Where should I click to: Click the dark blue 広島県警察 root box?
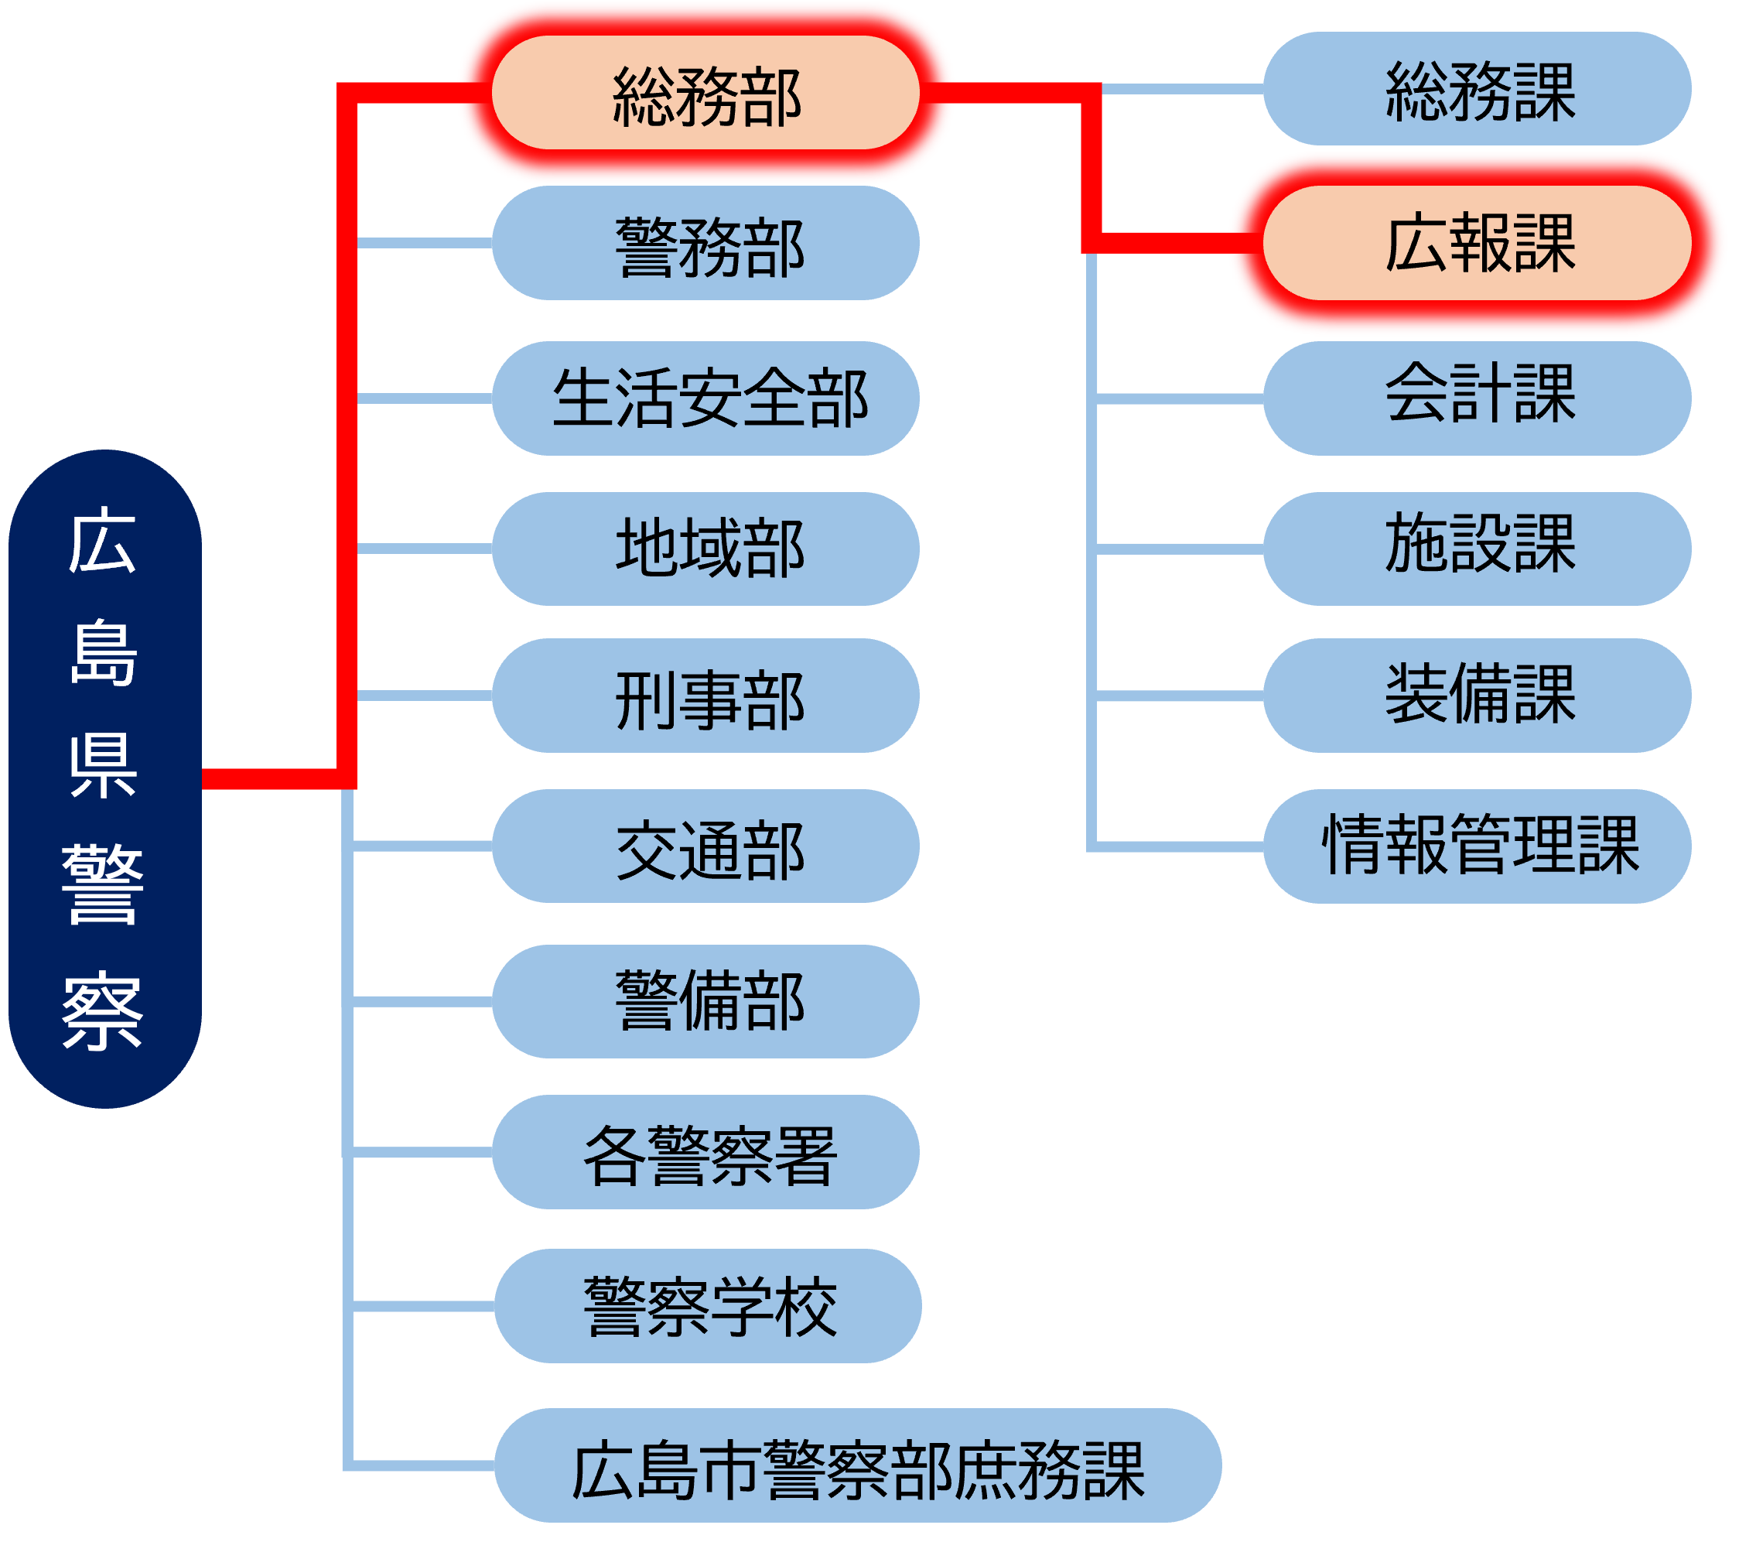tap(104, 778)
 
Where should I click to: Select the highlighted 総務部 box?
tap(705, 93)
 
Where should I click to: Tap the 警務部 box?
tap(705, 244)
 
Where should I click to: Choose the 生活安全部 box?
tap(705, 398)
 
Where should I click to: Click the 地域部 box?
tap(705, 548)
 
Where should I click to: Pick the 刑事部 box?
tap(705, 696)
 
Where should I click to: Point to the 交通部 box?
tap(705, 846)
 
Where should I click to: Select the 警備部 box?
tap(705, 1001)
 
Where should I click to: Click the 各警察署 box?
tap(705, 1152)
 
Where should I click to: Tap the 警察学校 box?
tap(708, 1306)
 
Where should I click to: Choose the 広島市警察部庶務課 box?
tap(857, 1465)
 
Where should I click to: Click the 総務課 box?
tap(1477, 88)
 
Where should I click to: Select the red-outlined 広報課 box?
tap(1477, 243)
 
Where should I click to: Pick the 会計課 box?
tap(1477, 398)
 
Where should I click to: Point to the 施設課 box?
tap(1477, 548)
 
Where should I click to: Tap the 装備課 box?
tap(1477, 696)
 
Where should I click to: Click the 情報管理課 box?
tap(1477, 846)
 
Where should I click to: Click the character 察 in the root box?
tap(102, 1010)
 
